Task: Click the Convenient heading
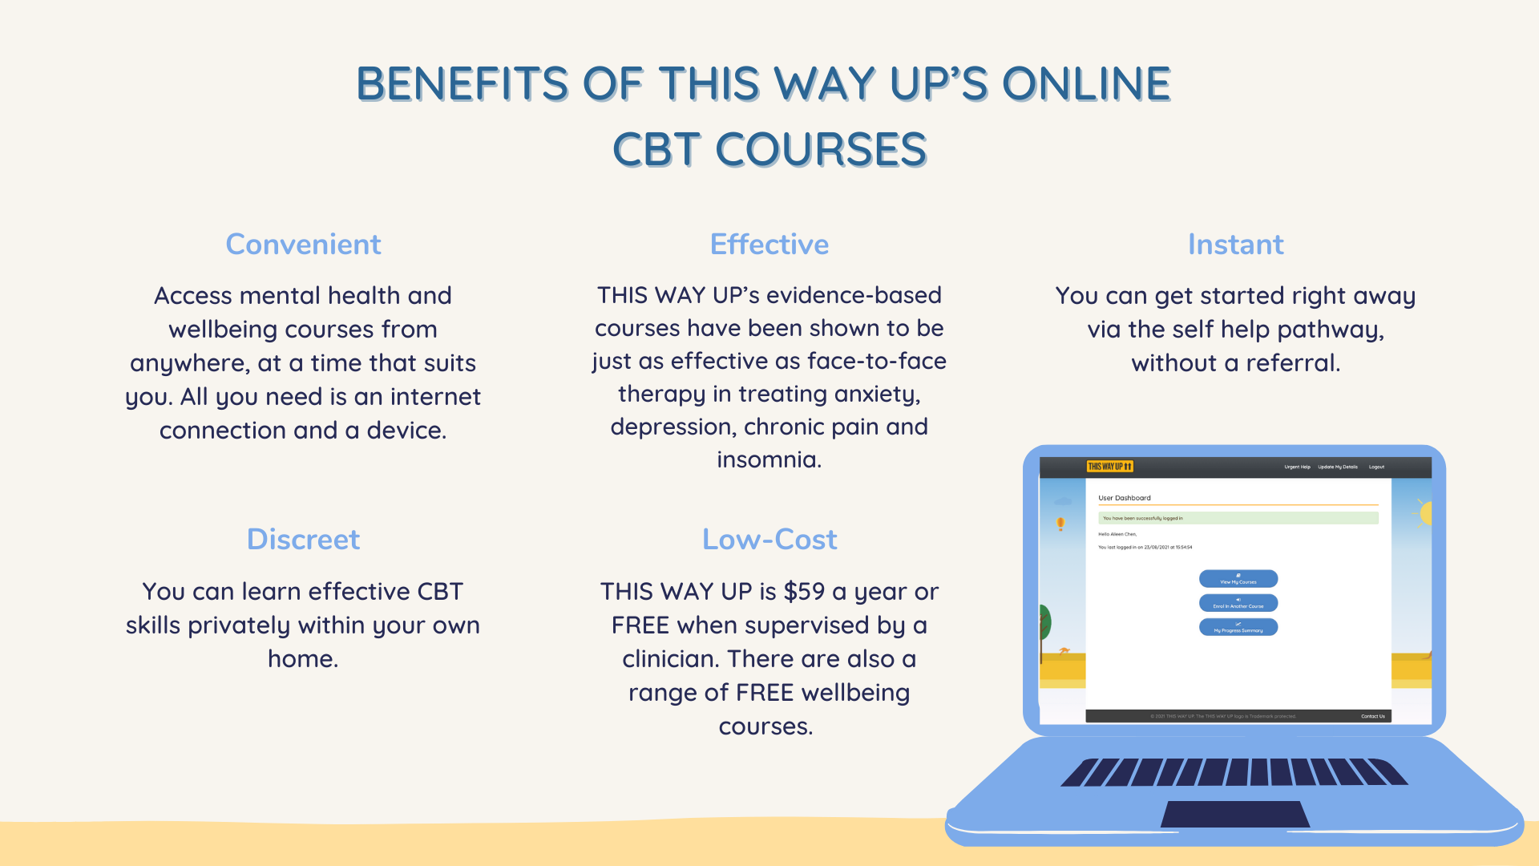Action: coord(303,245)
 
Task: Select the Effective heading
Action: coord(769,245)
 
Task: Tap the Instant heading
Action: coord(1235,245)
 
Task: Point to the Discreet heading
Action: coord(303,540)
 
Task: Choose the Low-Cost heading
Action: coord(769,540)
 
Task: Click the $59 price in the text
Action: coord(804,592)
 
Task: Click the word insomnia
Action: coord(768,459)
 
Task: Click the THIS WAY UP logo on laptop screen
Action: coord(1110,467)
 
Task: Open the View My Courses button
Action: coord(1238,579)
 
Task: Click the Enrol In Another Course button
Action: coord(1238,603)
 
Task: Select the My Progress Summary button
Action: coord(1238,627)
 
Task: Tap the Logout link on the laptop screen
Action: coord(1376,467)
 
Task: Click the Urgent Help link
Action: coord(1297,467)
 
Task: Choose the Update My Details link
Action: coord(1338,467)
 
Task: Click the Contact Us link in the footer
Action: coord(1372,716)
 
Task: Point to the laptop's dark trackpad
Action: coord(1235,814)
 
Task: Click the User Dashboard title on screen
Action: coord(1125,498)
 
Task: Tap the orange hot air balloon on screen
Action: coord(1060,524)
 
